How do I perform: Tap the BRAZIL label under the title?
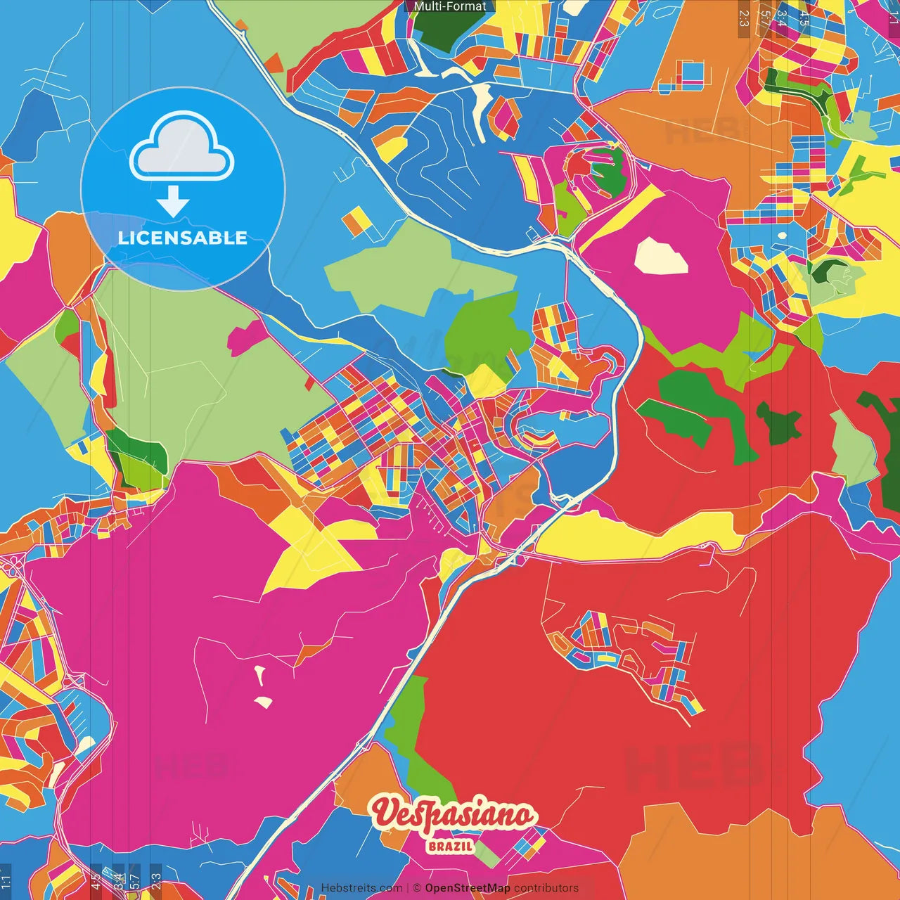coord(450,846)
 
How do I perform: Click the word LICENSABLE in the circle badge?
coord(183,238)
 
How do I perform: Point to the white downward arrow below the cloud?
coord(173,202)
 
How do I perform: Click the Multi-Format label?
coord(450,6)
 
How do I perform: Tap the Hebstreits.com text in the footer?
coord(361,888)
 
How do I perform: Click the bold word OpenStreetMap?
coord(468,888)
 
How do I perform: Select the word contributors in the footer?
coord(546,888)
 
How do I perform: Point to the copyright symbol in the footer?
coord(417,888)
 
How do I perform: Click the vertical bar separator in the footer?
coord(408,888)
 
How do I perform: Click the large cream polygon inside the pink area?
coord(661,257)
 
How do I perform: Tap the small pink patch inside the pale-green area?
coord(246,337)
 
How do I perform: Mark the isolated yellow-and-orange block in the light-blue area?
coord(356,221)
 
